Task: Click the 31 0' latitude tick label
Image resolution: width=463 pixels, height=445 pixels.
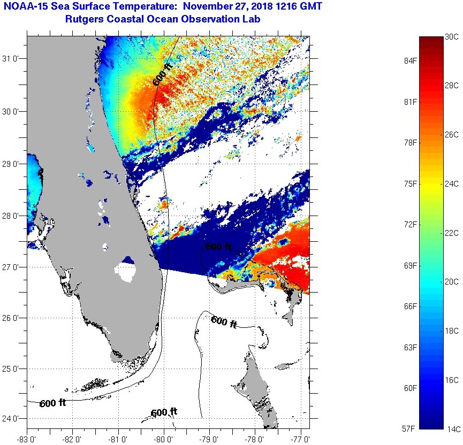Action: [x=11, y=59]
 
